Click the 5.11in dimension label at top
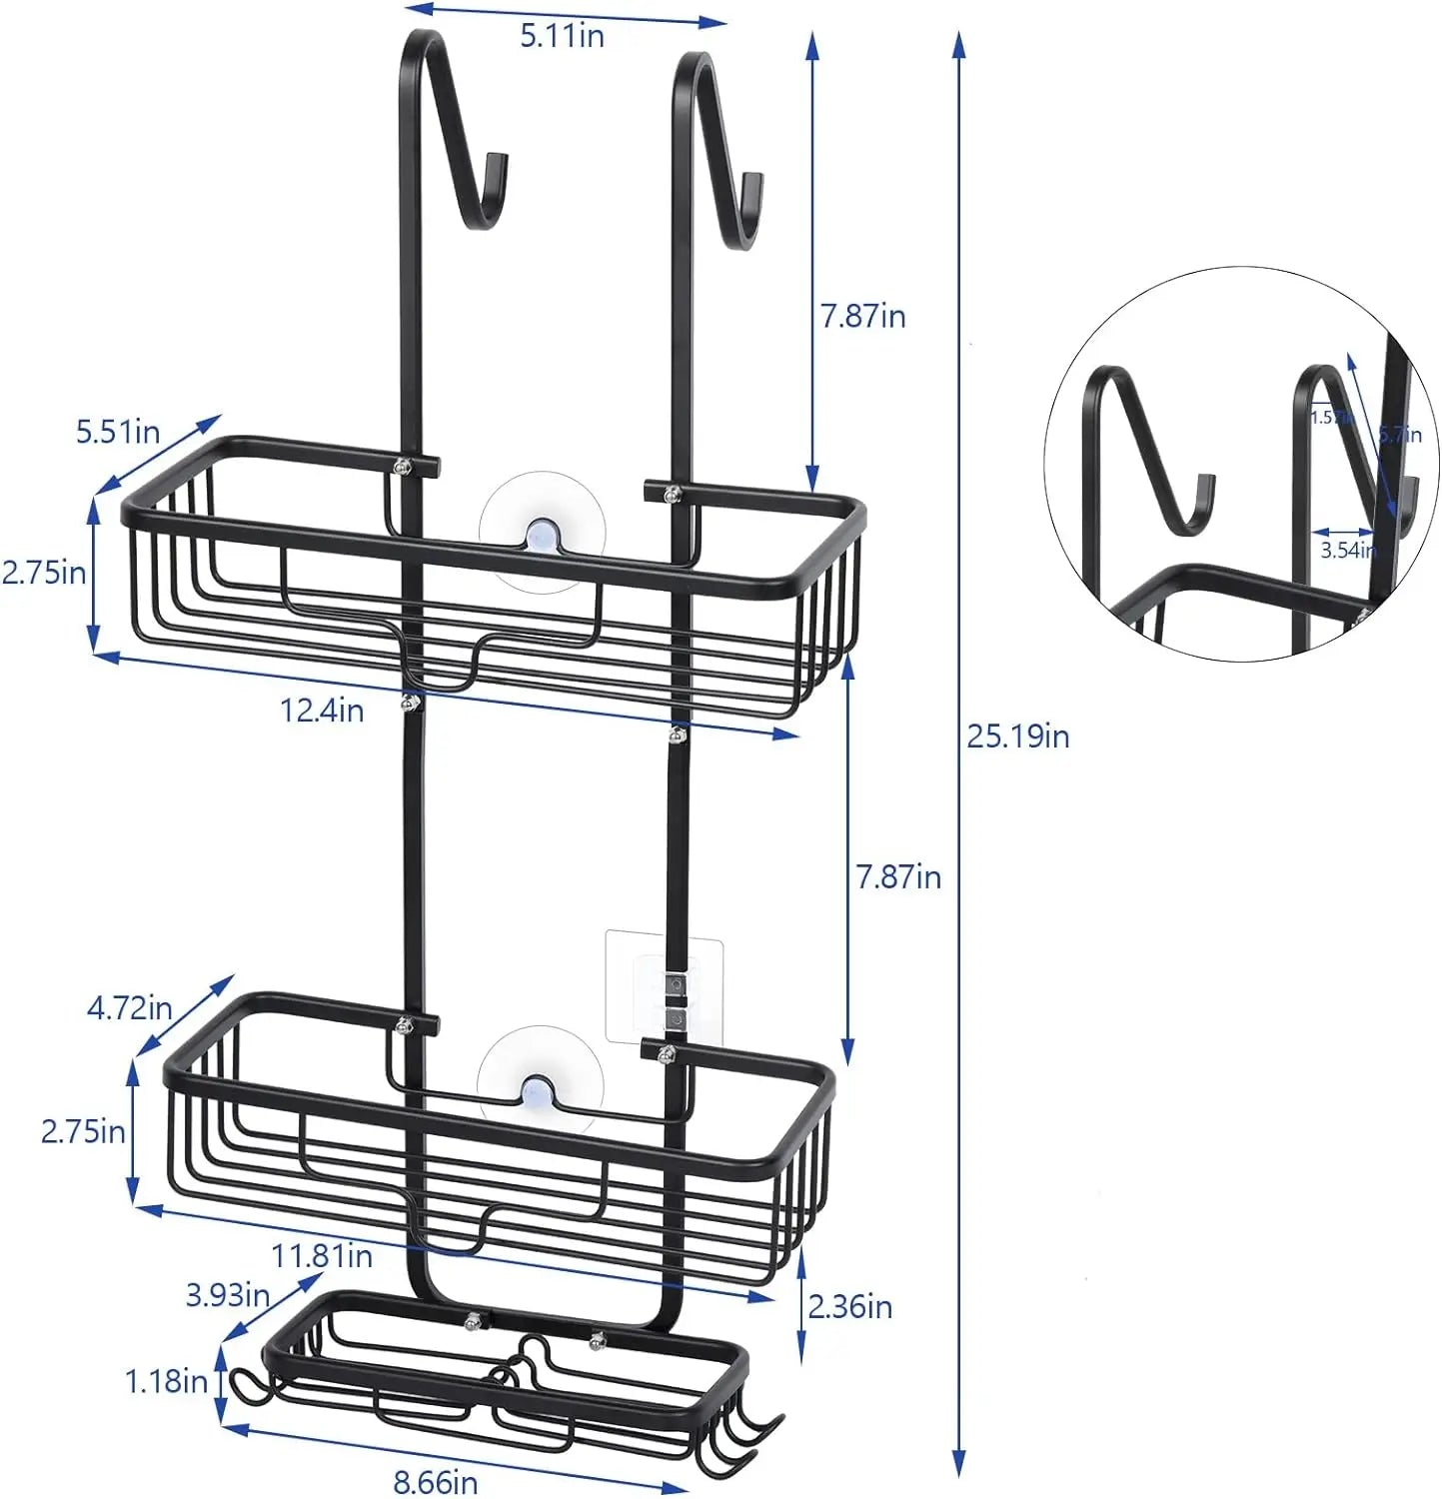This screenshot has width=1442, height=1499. click(x=562, y=36)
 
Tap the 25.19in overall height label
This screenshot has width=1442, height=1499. click(x=1017, y=737)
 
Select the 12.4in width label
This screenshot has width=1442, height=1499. click(x=322, y=711)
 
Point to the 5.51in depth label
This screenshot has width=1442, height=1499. click(x=118, y=432)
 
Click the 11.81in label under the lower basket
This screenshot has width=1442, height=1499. click(x=322, y=1255)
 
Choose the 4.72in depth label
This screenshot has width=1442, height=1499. click(x=130, y=1007)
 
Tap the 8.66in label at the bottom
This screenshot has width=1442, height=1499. click(x=436, y=1481)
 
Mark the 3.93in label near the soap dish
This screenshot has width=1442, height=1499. click(x=228, y=1295)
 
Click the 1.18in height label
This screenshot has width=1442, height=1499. click(x=166, y=1381)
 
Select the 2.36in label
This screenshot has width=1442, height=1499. click(x=849, y=1306)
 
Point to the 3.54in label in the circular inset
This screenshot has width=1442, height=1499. click(x=1347, y=550)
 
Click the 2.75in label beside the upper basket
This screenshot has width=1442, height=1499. click(x=44, y=573)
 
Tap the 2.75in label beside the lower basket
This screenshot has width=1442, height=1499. click(x=83, y=1131)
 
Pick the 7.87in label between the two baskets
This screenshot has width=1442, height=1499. click(x=897, y=876)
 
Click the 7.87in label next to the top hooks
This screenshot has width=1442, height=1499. click(x=862, y=316)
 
